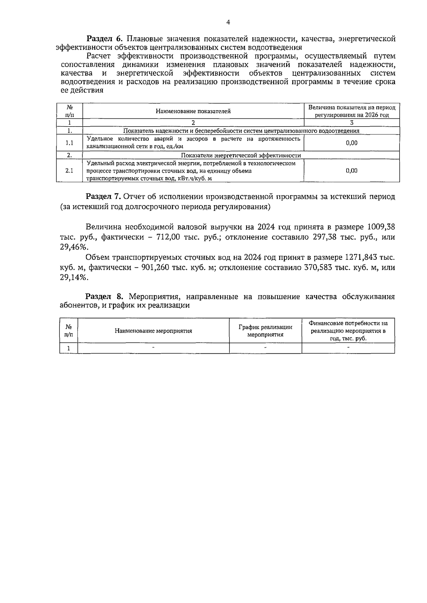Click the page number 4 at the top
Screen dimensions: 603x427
click(x=228, y=22)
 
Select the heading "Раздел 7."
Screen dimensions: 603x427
click(x=104, y=197)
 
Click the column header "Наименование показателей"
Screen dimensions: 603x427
click(x=193, y=111)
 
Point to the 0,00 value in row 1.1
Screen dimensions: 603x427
click(x=351, y=143)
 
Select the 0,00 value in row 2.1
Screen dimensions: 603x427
click(x=351, y=171)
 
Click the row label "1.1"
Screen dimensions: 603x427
click(x=69, y=143)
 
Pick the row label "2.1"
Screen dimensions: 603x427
click(x=69, y=171)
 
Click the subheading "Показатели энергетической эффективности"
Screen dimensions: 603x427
click(x=241, y=155)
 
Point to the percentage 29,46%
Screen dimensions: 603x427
click(x=74, y=247)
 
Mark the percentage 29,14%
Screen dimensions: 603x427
click(x=74, y=278)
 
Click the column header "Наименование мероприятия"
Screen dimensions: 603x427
click(x=153, y=331)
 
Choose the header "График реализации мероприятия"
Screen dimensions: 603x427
click(x=265, y=331)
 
